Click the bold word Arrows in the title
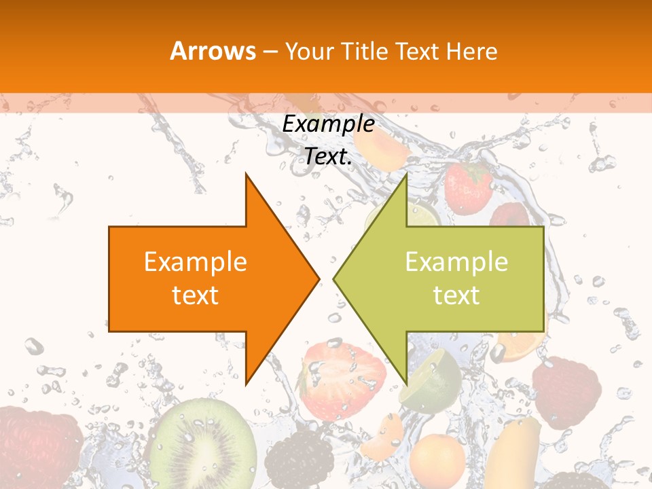click(x=213, y=52)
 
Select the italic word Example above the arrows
click(x=328, y=124)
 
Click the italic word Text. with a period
click(x=328, y=157)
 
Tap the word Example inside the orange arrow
click(x=195, y=262)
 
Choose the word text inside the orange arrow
click(x=195, y=295)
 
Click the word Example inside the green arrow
click(x=456, y=262)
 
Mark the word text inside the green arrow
click(x=456, y=295)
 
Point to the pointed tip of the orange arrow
click(x=318, y=278)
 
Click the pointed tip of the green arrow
click(x=335, y=278)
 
